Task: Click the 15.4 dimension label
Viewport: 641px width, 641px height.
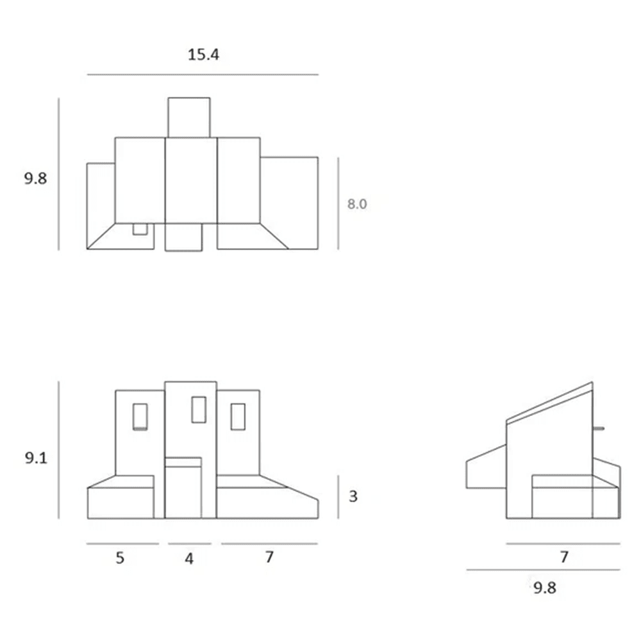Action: point(203,54)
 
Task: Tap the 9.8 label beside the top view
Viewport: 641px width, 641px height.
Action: point(35,178)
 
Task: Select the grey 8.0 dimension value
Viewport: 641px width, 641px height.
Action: point(357,204)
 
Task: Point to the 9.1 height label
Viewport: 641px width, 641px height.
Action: point(36,458)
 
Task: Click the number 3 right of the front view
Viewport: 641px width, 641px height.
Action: point(353,496)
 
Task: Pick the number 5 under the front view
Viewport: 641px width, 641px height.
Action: point(120,558)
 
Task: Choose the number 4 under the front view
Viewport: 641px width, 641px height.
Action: point(189,558)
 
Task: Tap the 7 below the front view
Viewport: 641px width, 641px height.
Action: point(269,557)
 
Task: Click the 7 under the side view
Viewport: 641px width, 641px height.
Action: point(564,557)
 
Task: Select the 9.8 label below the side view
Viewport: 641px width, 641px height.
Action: point(545,588)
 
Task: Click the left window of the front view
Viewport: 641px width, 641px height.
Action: point(140,417)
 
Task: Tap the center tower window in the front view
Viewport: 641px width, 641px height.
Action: point(199,410)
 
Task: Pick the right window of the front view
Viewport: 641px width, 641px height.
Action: point(238,417)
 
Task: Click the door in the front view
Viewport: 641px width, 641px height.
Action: point(183,488)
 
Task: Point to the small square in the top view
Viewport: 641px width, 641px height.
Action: point(140,229)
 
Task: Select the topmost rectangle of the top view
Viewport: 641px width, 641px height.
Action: point(189,117)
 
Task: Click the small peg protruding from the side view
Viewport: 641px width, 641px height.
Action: point(598,428)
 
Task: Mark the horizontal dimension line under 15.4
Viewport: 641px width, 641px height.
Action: point(203,75)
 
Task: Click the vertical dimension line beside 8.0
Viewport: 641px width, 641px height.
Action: point(338,203)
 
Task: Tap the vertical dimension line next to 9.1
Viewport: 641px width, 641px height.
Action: point(59,450)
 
